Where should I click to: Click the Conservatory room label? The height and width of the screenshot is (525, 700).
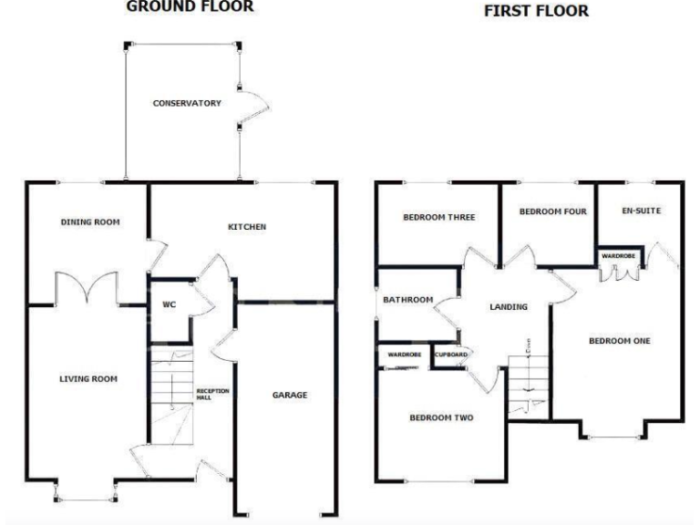click(x=187, y=103)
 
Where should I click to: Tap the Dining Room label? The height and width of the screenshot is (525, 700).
click(x=90, y=221)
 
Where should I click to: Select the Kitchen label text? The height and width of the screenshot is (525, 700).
click(x=247, y=226)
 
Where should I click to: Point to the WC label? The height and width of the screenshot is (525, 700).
click(x=169, y=304)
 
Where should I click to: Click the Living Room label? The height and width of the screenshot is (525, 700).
click(x=88, y=378)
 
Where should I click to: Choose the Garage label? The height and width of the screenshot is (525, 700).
click(x=290, y=395)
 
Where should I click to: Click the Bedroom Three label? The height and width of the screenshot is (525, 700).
click(x=439, y=217)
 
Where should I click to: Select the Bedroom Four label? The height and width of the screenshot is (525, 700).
click(x=552, y=211)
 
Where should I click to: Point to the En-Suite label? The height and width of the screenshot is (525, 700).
click(x=641, y=211)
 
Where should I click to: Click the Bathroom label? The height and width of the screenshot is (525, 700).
click(x=407, y=299)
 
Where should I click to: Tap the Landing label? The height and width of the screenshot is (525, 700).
click(x=508, y=307)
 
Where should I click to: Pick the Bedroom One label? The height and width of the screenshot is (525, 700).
click(x=619, y=341)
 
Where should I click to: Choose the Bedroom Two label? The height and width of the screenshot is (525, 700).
click(x=440, y=418)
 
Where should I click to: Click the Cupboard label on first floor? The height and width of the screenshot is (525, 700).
click(x=451, y=354)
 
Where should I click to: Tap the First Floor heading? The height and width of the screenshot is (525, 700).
click(x=536, y=12)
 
